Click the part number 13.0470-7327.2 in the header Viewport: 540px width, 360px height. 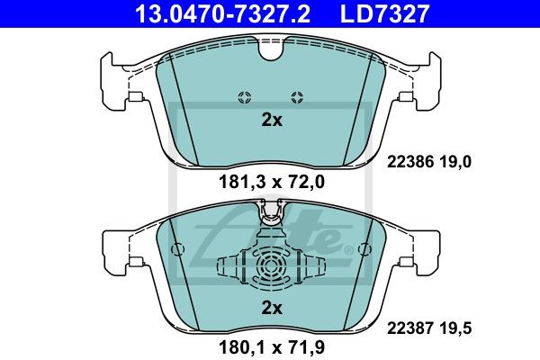point(222,13)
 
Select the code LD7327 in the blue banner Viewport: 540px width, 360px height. point(384,13)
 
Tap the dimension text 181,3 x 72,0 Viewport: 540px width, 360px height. point(272,182)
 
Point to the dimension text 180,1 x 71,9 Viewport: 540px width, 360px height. point(272,347)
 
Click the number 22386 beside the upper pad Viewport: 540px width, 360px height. point(409,162)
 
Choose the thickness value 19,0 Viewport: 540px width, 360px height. point(454,162)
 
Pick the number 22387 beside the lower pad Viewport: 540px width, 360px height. point(409,328)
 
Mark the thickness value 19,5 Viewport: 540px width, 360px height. point(454,328)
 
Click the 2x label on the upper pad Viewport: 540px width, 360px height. point(272,120)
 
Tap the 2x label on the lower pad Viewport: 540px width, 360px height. point(272,308)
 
